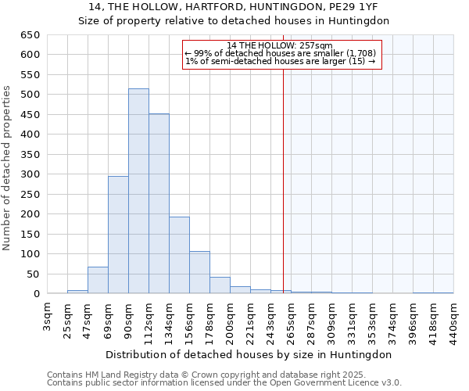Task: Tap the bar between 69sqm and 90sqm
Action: (x=118, y=235)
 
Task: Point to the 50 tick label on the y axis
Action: (x=33, y=274)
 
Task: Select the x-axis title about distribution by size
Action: (x=250, y=354)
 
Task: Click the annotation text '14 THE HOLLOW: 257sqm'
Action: (x=281, y=45)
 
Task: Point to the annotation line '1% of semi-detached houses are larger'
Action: (x=281, y=61)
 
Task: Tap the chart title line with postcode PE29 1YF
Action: (x=234, y=8)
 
